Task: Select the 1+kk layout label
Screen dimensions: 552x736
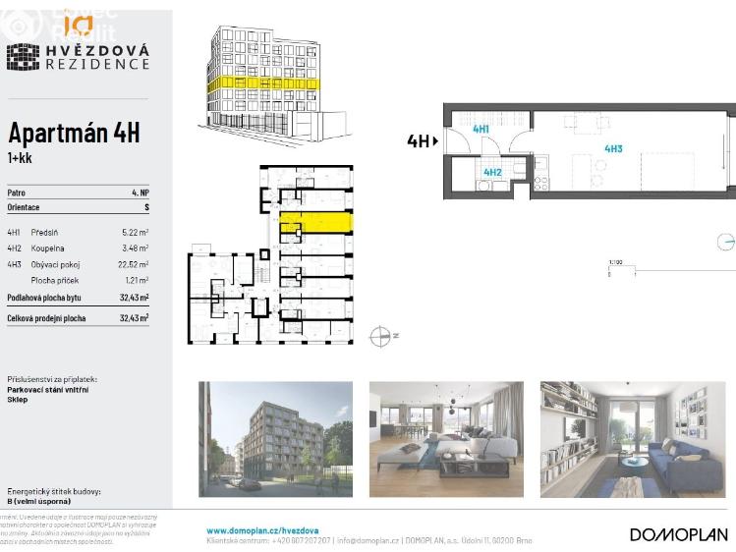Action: pos(19,157)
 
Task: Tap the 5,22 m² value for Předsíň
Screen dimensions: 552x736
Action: pos(135,232)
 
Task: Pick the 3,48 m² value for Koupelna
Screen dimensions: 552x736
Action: pos(135,248)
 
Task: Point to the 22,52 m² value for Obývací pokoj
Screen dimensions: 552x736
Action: pos(133,264)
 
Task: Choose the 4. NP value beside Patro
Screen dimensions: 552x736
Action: pos(141,193)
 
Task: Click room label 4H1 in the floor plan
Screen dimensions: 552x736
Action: pos(481,129)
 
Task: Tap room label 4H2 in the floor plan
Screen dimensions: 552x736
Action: pos(492,172)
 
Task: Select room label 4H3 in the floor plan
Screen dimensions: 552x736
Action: pos(613,148)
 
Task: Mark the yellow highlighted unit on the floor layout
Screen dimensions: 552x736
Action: pos(314,222)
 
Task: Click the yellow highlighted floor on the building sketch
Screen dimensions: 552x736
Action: pos(260,85)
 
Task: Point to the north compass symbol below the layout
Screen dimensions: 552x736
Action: pos(381,336)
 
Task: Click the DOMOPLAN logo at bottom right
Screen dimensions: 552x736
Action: pos(679,534)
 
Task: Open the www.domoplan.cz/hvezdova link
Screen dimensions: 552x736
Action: pos(261,530)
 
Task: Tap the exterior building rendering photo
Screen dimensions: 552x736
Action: pos(275,439)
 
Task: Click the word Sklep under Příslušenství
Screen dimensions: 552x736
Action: pos(18,400)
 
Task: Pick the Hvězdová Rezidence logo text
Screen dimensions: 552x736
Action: pos(96,56)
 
